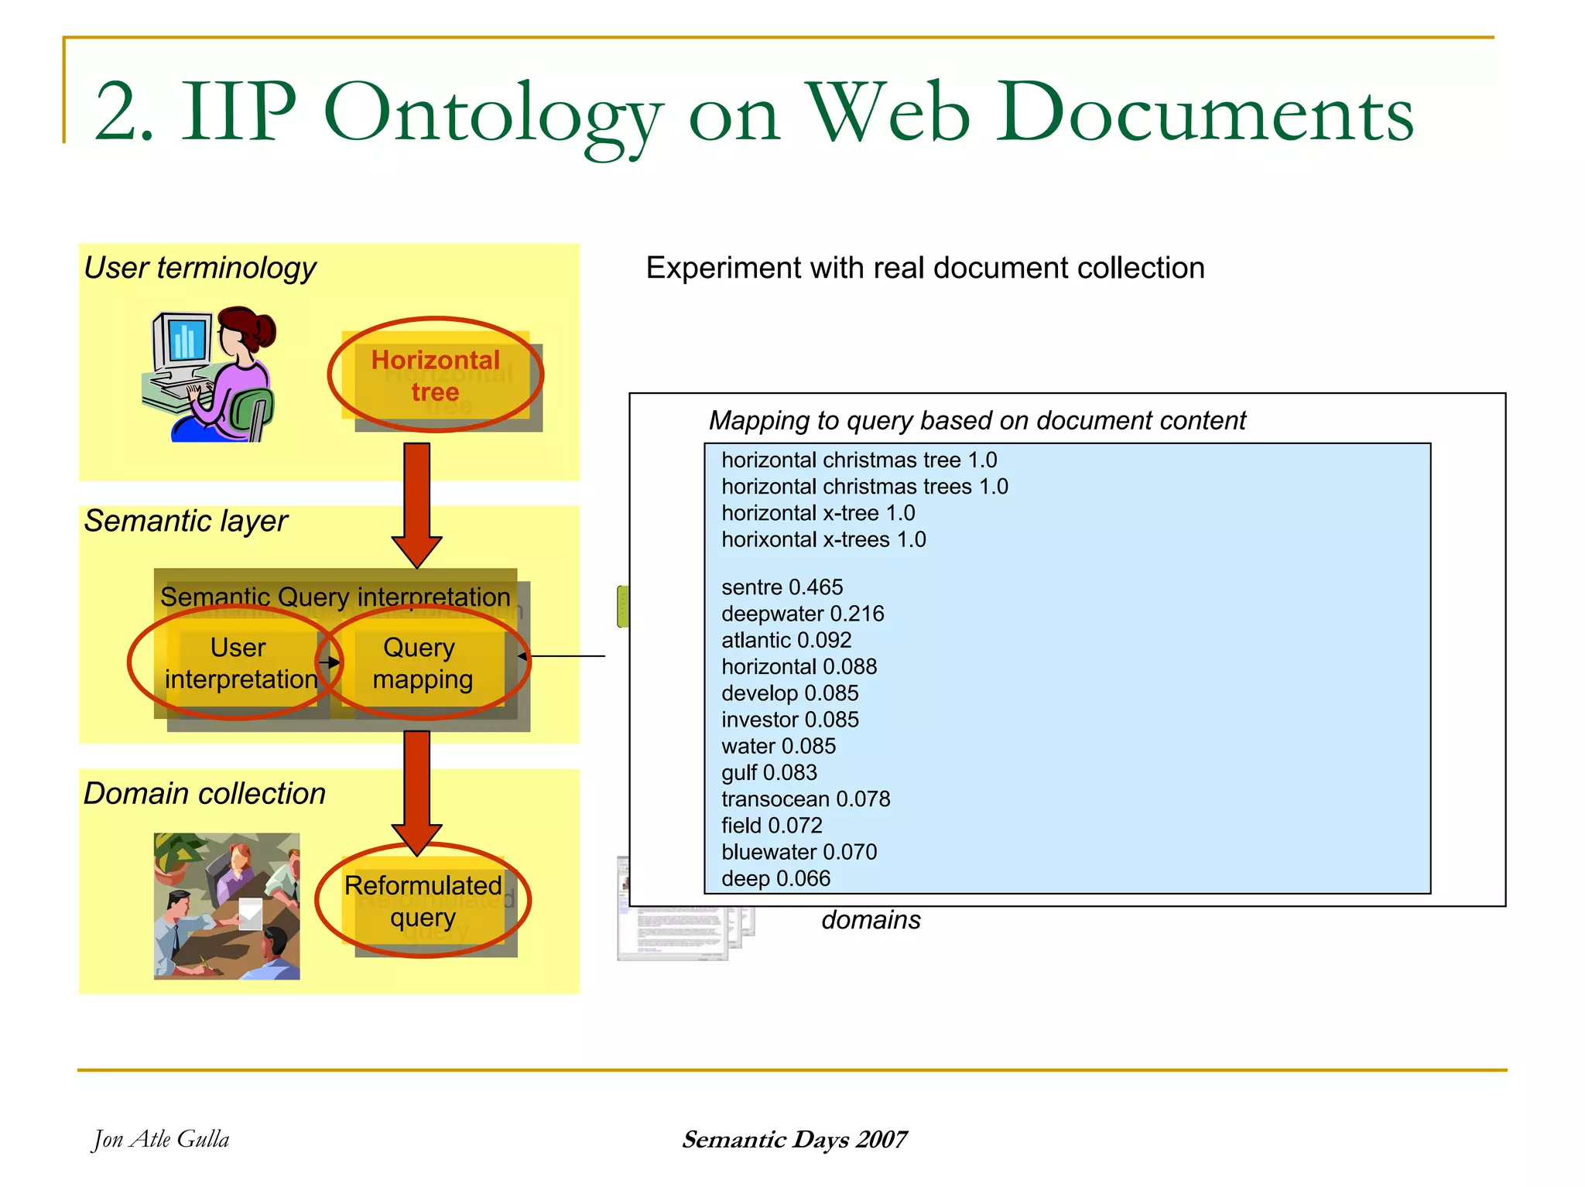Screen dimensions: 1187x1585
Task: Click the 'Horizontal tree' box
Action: point(436,376)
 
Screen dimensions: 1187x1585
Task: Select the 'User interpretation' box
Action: point(239,663)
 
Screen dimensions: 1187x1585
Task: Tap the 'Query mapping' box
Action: point(421,663)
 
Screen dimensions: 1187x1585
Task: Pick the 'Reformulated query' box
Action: point(423,901)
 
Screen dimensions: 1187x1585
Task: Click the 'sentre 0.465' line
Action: point(782,587)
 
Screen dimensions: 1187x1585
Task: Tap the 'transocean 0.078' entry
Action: point(805,799)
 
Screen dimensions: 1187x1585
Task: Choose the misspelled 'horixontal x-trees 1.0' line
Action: point(823,539)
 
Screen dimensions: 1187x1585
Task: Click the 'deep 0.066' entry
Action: point(775,878)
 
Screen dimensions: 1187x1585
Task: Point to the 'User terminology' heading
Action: point(200,268)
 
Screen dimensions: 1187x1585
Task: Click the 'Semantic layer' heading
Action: point(186,521)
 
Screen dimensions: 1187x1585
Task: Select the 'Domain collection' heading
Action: point(204,794)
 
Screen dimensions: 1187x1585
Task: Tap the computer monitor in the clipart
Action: point(183,340)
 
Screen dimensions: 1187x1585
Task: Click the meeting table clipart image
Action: point(227,905)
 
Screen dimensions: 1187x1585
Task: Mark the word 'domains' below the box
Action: point(871,920)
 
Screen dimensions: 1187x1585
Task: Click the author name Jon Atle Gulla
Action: point(161,1139)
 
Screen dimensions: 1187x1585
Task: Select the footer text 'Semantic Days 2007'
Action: point(794,1139)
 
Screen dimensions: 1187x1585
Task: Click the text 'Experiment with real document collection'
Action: point(925,268)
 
